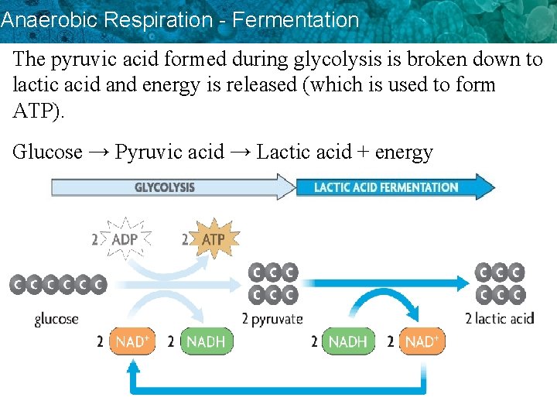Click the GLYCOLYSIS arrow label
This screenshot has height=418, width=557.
coord(164,187)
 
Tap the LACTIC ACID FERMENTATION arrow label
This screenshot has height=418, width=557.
coord(386,187)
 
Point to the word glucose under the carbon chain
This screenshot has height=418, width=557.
coord(56,319)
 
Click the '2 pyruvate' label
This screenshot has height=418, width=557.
coord(272,319)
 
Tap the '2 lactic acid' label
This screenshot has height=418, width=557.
coord(499,318)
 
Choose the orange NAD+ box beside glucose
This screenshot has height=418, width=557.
coord(132,341)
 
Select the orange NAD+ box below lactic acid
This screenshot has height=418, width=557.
coord(422,341)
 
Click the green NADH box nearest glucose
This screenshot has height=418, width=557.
coord(206,341)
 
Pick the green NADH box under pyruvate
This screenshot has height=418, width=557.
coord(347,341)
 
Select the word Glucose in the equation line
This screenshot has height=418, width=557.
coord(47,152)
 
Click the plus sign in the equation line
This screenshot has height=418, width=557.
coord(363,152)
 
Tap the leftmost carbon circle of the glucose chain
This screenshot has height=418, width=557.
coord(17,285)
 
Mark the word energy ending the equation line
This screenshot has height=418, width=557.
coord(404,152)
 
